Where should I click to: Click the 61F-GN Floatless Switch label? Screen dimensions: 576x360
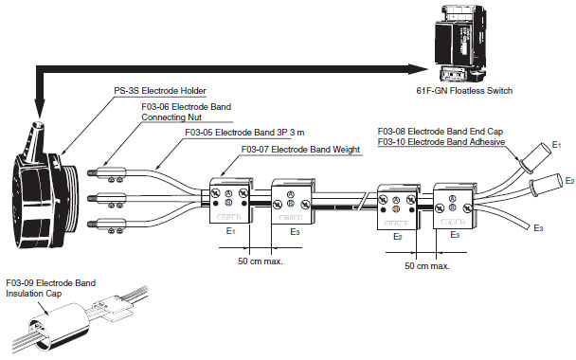[x=464, y=91]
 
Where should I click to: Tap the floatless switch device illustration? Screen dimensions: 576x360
[x=460, y=44]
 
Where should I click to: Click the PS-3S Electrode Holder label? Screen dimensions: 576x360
[x=160, y=91]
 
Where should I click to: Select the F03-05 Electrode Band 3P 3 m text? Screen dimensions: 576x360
[x=244, y=133]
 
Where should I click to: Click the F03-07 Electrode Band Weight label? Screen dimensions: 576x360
[x=300, y=150]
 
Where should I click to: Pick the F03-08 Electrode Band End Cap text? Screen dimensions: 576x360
[x=441, y=132]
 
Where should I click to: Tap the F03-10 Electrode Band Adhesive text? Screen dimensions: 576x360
[x=441, y=142]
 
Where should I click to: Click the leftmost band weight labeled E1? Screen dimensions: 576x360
[x=231, y=201]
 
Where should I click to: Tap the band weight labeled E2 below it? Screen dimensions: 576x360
[x=398, y=207]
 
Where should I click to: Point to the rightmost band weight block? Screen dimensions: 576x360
[x=455, y=207]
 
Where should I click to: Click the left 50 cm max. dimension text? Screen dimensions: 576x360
[x=261, y=261]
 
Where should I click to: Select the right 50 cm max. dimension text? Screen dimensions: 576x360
[x=427, y=266]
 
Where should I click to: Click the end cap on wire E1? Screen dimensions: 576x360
[x=533, y=158]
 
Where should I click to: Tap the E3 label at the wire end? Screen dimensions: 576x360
[x=538, y=228]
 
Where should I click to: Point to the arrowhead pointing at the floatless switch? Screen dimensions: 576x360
[x=418, y=69]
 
